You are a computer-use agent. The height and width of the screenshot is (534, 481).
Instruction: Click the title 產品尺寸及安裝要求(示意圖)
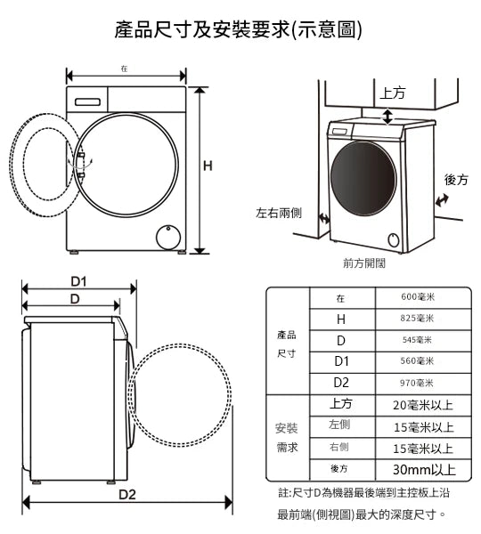pos(238,29)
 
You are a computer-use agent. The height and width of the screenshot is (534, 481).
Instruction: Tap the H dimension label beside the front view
pos(208,166)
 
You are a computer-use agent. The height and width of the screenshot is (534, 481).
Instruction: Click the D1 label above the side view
pos(78,281)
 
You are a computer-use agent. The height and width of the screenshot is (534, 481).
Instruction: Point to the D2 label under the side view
pos(127,494)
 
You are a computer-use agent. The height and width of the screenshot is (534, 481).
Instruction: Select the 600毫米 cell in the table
pos(418,297)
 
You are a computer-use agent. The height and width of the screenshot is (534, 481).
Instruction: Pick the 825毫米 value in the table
pos(417,319)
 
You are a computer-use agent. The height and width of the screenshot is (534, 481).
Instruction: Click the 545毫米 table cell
pos(417,340)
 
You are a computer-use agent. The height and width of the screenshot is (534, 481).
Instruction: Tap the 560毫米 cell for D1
pos(417,361)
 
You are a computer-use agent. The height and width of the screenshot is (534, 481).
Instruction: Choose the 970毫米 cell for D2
pos(417,383)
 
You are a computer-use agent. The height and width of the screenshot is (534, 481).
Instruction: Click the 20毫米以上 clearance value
pos(423,405)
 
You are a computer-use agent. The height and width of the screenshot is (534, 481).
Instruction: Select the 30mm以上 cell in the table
pos(424,470)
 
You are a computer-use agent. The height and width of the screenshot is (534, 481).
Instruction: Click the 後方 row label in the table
pos(339,469)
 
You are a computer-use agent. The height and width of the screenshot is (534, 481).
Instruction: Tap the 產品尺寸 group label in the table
pos(286,344)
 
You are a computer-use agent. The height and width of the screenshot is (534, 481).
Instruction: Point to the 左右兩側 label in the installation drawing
pos(279,214)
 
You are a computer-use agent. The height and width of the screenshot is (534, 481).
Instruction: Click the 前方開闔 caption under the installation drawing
pos(364,263)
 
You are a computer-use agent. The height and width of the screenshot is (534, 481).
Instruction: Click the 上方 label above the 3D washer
pos(393,93)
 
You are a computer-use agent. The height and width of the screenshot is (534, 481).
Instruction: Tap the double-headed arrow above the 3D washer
pos(387,117)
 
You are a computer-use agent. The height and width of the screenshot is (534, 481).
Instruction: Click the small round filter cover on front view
pos(168,237)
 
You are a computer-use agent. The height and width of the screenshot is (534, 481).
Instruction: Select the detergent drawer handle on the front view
pos(87,102)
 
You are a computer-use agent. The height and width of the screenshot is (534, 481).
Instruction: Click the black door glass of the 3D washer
pos(363,179)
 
